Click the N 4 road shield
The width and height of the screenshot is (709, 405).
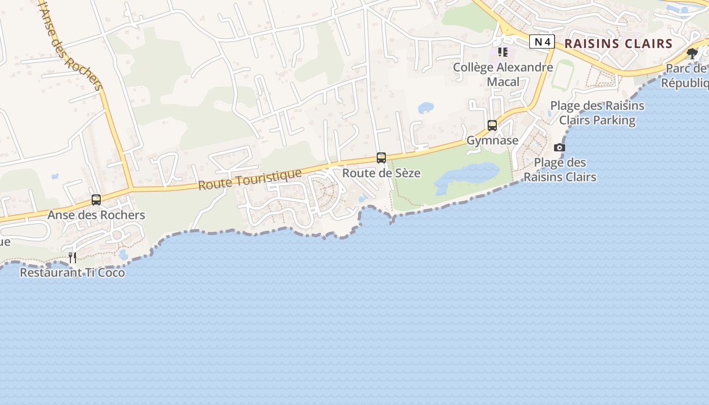(542, 42)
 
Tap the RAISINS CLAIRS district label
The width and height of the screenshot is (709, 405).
(618, 44)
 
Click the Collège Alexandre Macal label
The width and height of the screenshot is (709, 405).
(503, 74)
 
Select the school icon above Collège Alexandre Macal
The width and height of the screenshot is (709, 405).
(503, 52)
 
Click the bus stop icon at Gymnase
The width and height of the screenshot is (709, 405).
(492, 126)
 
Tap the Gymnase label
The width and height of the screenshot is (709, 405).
(492, 140)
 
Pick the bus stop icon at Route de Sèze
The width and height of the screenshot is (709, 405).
(381, 158)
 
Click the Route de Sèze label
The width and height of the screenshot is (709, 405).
(381, 173)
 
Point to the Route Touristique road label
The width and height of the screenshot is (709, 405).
(250, 179)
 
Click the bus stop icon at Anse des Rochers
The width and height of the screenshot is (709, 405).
(96, 200)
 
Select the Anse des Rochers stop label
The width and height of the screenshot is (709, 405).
(96, 215)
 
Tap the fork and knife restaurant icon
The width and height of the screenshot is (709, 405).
(72, 258)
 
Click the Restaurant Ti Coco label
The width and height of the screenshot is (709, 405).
(72, 272)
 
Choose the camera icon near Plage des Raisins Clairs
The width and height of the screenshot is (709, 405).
(559, 147)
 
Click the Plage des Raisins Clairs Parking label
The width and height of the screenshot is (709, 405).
(597, 113)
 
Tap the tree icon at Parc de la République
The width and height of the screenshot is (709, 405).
(692, 54)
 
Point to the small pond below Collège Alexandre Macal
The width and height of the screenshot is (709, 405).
(425, 108)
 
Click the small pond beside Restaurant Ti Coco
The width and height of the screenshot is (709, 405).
(123, 254)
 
